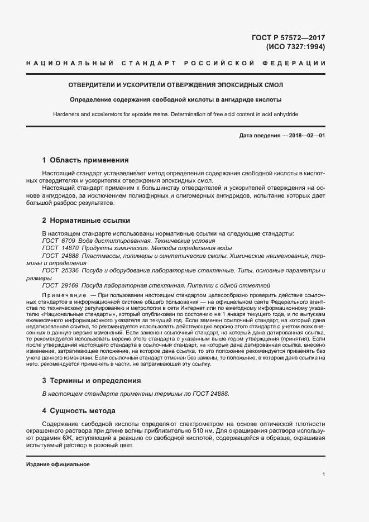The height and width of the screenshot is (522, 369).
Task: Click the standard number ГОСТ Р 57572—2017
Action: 289,38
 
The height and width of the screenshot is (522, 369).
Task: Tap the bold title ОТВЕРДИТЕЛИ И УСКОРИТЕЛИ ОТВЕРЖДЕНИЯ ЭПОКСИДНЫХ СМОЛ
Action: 175,85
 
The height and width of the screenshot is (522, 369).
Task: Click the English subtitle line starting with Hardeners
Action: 175,114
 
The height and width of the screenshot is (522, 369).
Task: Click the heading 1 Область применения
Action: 85,160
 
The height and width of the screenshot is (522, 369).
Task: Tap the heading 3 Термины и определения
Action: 91,381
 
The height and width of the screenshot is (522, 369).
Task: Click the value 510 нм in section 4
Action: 202,432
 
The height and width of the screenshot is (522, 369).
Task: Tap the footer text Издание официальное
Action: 58,464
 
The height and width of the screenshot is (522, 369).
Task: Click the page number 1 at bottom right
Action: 323,475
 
